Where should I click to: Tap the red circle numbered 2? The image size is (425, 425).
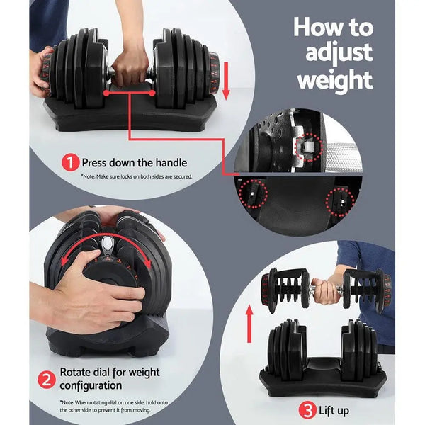(47, 379)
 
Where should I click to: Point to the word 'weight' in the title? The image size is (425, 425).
(334, 80)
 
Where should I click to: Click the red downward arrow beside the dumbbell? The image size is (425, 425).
(227, 80)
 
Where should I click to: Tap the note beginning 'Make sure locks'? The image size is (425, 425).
(137, 176)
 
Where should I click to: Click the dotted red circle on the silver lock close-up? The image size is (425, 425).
(310, 148)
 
